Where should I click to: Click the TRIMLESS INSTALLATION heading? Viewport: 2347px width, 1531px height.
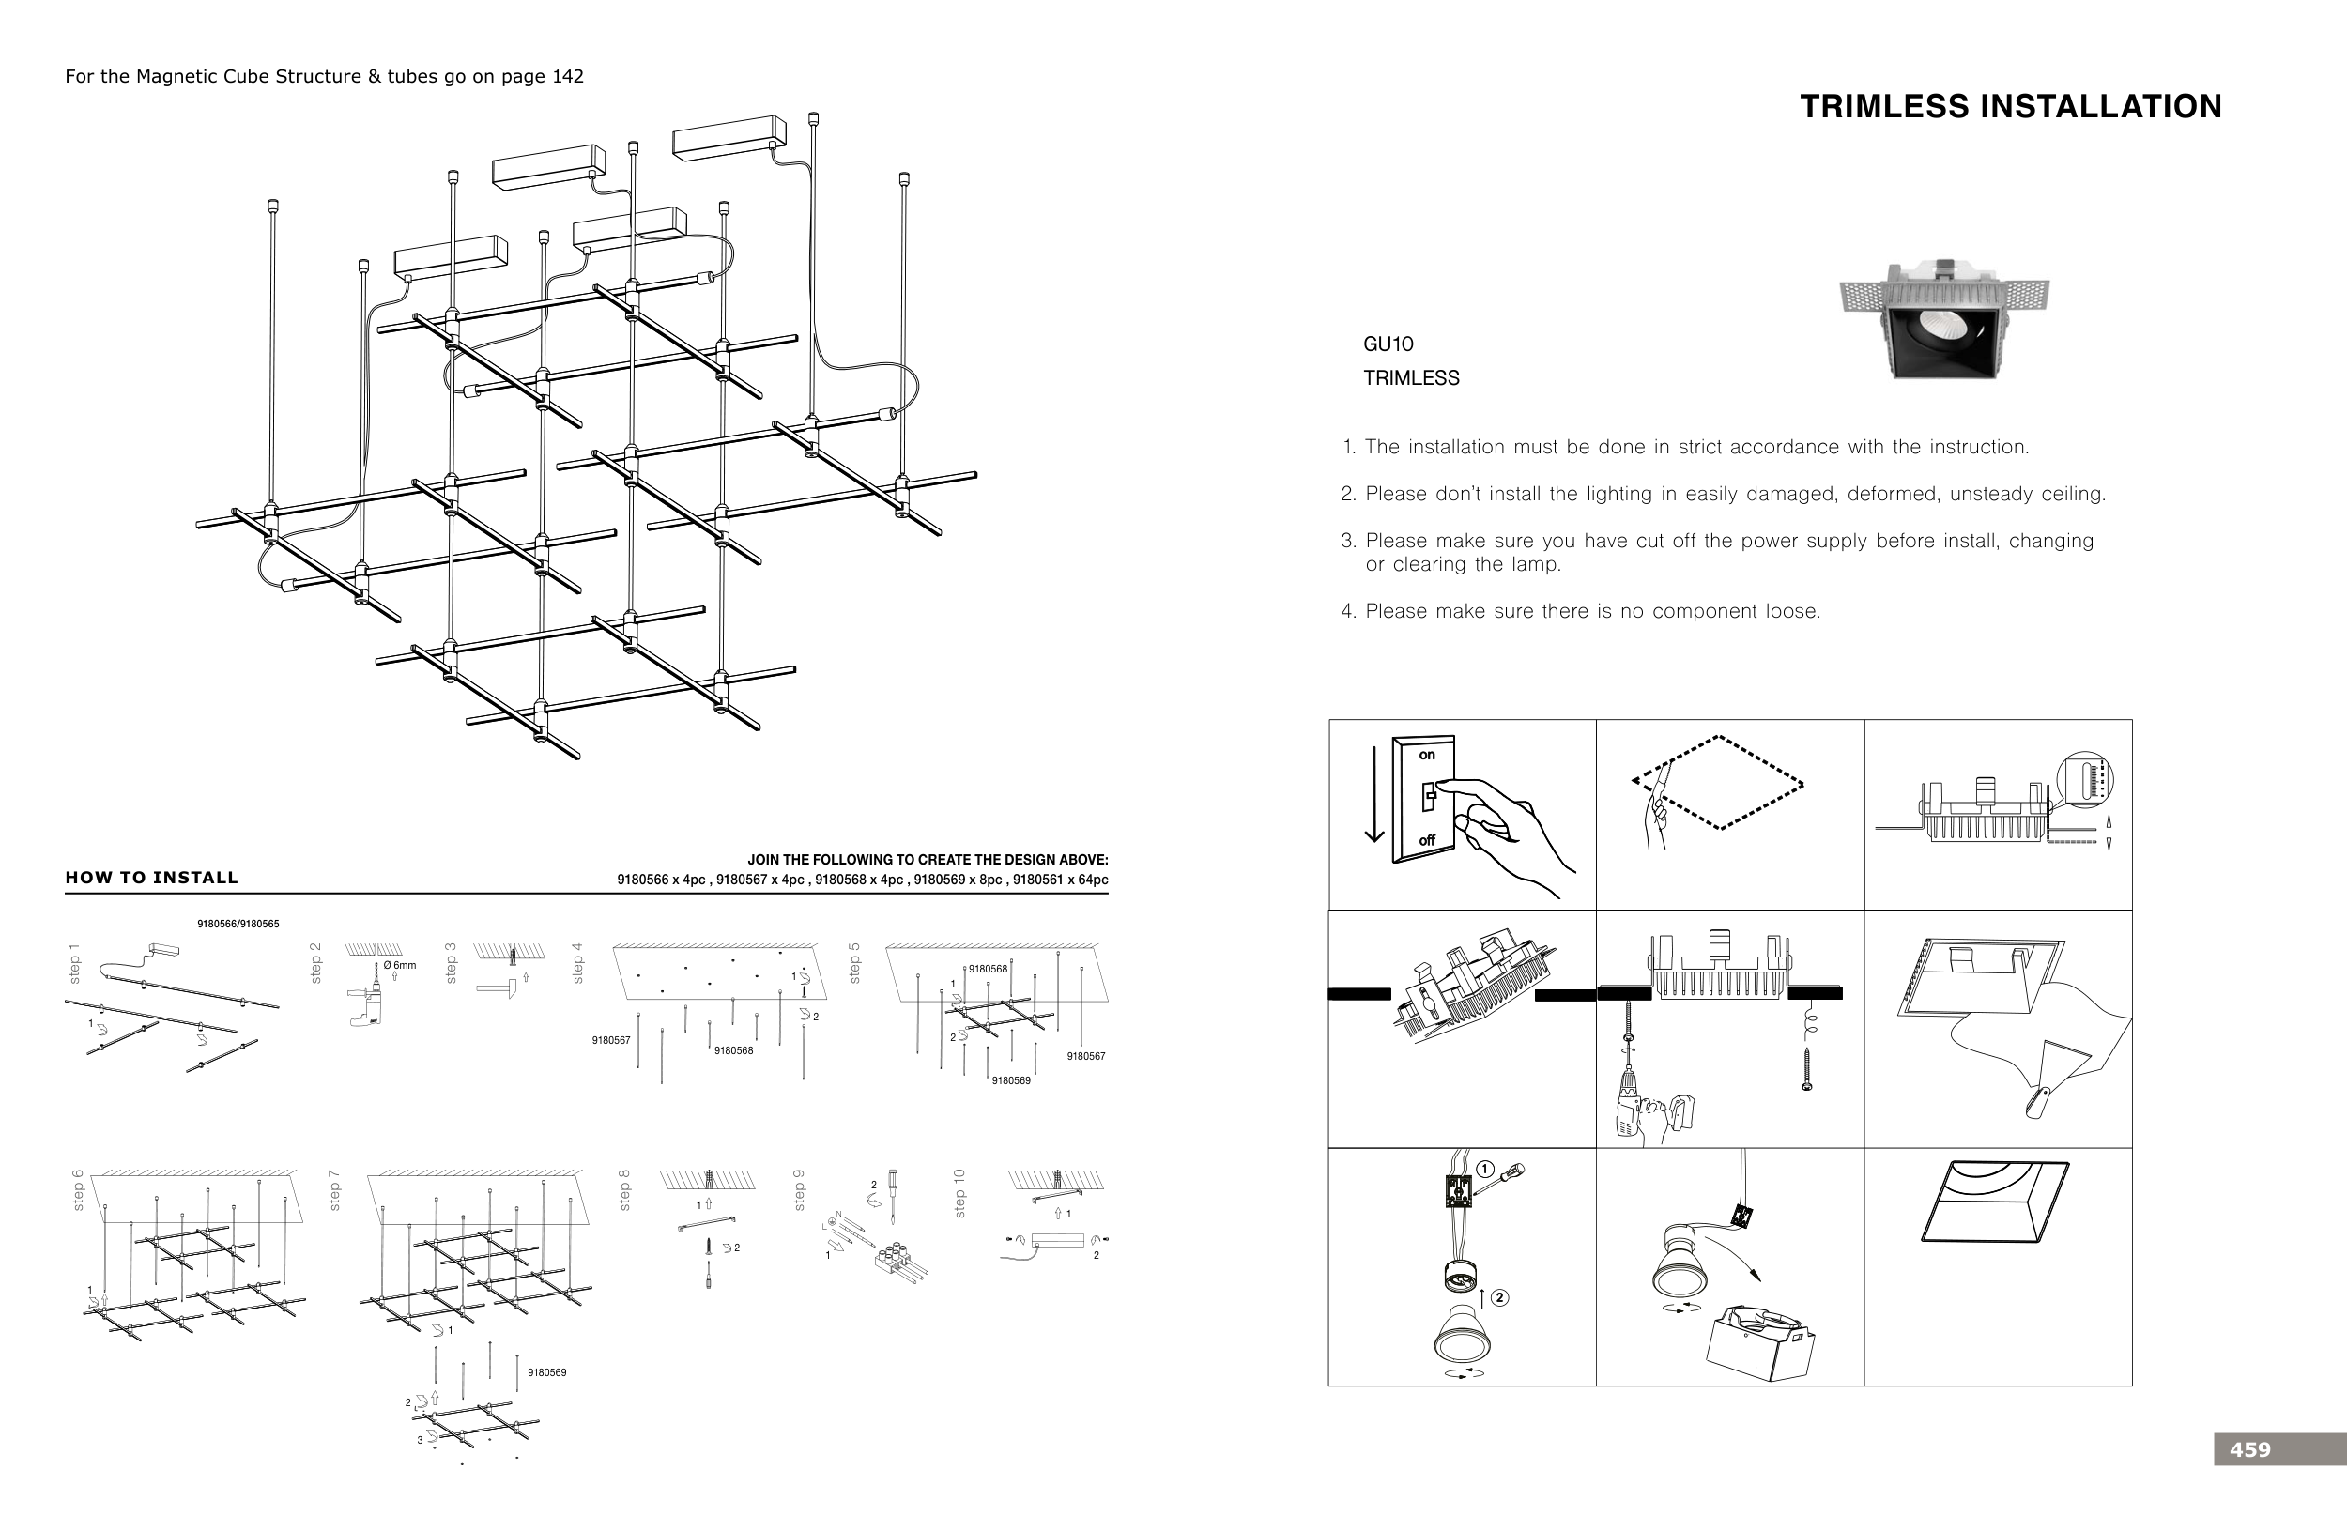(x=2011, y=106)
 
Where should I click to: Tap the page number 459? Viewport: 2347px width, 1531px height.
(x=2249, y=1449)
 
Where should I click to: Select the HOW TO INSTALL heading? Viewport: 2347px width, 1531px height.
(x=152, y=878)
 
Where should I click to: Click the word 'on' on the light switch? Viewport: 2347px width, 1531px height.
(x=1427, y=755)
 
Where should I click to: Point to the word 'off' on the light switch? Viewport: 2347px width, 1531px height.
(x=1427, y=840)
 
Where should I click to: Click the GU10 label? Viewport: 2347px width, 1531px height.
(x=1388, y=344)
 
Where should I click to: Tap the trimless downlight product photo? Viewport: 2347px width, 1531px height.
(x=1942, y=320)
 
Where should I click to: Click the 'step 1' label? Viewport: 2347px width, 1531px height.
(x=74, y=962)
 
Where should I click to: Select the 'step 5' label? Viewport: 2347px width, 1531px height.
(x=855, y=962)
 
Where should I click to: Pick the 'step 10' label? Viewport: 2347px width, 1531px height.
(x=960, y=1193)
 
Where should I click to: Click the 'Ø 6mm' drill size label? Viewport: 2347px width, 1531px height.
(x=399, y=965)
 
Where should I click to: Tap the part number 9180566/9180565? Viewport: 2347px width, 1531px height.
(x=238, y=924)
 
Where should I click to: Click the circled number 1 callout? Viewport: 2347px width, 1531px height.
(x=1485, y=1171)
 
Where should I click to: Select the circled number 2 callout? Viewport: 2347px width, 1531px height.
(x=1500, y=1297)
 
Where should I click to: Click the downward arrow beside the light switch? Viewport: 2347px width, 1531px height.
(x=1373, y=794)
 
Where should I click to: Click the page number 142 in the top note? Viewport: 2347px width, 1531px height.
(x=567, y=77)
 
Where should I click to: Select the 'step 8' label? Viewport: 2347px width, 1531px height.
(x=624, y=1190)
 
